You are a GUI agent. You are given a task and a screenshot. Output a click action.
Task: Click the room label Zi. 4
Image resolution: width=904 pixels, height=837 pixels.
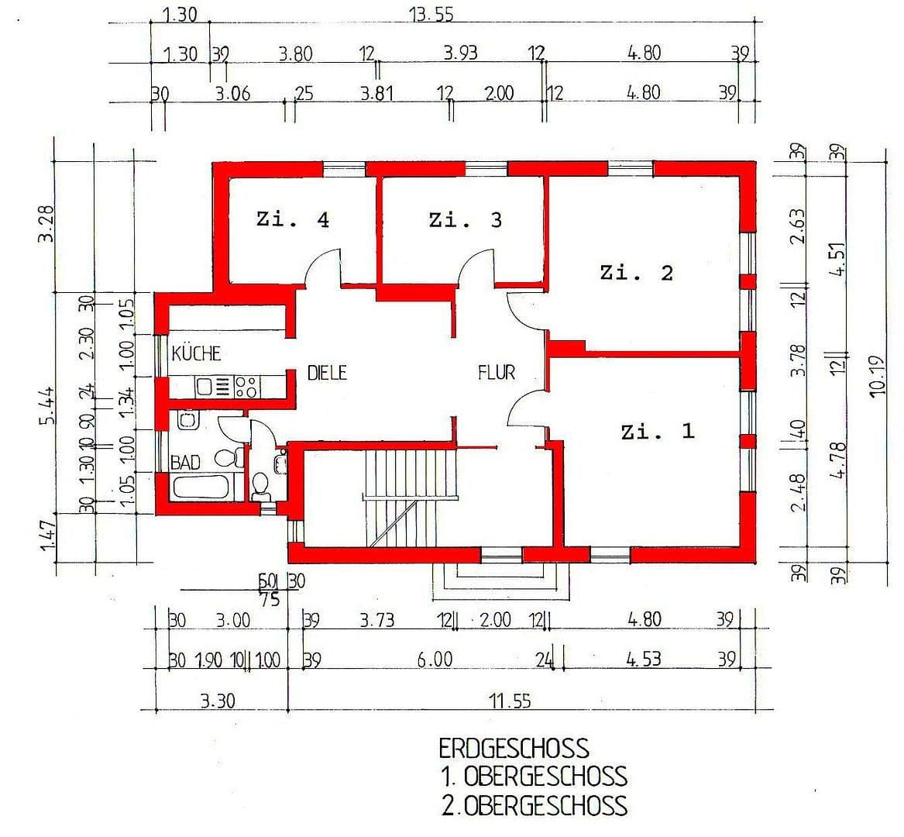(293, 220)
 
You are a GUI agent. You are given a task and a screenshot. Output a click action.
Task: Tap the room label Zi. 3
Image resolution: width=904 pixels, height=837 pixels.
(465, 220)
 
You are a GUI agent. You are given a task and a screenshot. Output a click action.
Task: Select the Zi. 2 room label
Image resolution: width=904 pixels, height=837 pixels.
(636, 273)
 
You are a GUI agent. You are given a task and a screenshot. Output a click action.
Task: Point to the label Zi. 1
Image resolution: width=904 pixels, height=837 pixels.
(657, 432)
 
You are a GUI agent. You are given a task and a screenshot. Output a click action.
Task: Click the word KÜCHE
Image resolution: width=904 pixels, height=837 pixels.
(196, 354)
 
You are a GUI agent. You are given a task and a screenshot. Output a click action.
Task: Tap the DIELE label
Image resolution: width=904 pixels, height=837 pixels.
(327, 373)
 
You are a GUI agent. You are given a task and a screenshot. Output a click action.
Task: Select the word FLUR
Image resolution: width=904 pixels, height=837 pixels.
(496, 373)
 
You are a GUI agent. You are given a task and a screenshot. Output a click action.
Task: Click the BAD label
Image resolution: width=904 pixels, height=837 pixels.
(185, 463)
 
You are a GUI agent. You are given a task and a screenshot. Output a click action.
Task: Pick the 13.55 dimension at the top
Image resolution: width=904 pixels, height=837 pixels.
(431, 14)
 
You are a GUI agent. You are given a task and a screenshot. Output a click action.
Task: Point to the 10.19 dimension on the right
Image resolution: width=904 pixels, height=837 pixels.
(876, 377)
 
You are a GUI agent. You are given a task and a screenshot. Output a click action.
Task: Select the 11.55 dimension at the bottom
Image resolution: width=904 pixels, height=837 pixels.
(509, 701)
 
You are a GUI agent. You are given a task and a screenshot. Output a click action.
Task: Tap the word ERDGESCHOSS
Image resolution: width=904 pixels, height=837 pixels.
(514, 749)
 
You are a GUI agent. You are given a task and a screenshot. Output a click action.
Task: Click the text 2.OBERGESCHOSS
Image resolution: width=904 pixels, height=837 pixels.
(534, 805)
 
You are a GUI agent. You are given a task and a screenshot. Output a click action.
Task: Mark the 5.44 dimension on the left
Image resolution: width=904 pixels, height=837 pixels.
(48, 405)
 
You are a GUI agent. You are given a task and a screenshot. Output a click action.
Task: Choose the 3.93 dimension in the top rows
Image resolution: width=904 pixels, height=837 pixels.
(460, 53)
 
